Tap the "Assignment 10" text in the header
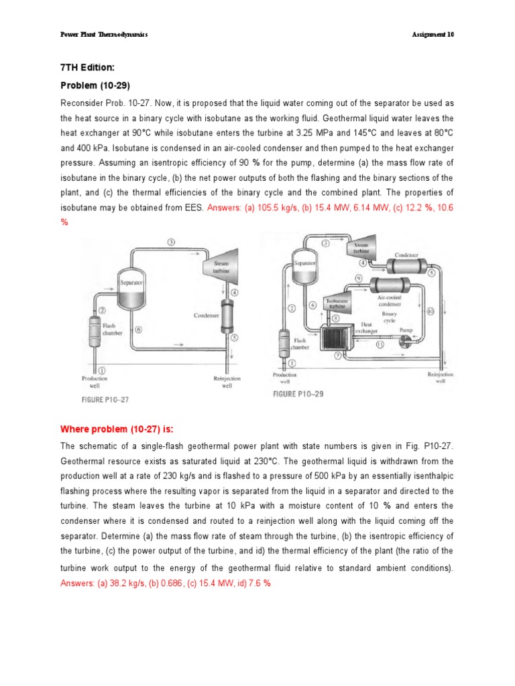(434, 34)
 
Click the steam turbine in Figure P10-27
(221, 270)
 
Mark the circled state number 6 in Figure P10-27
(138, 330)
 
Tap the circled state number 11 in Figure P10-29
(379, 345)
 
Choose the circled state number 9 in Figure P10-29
(359, 278)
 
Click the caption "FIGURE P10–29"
(298, 394)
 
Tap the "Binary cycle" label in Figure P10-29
(389, 316)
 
